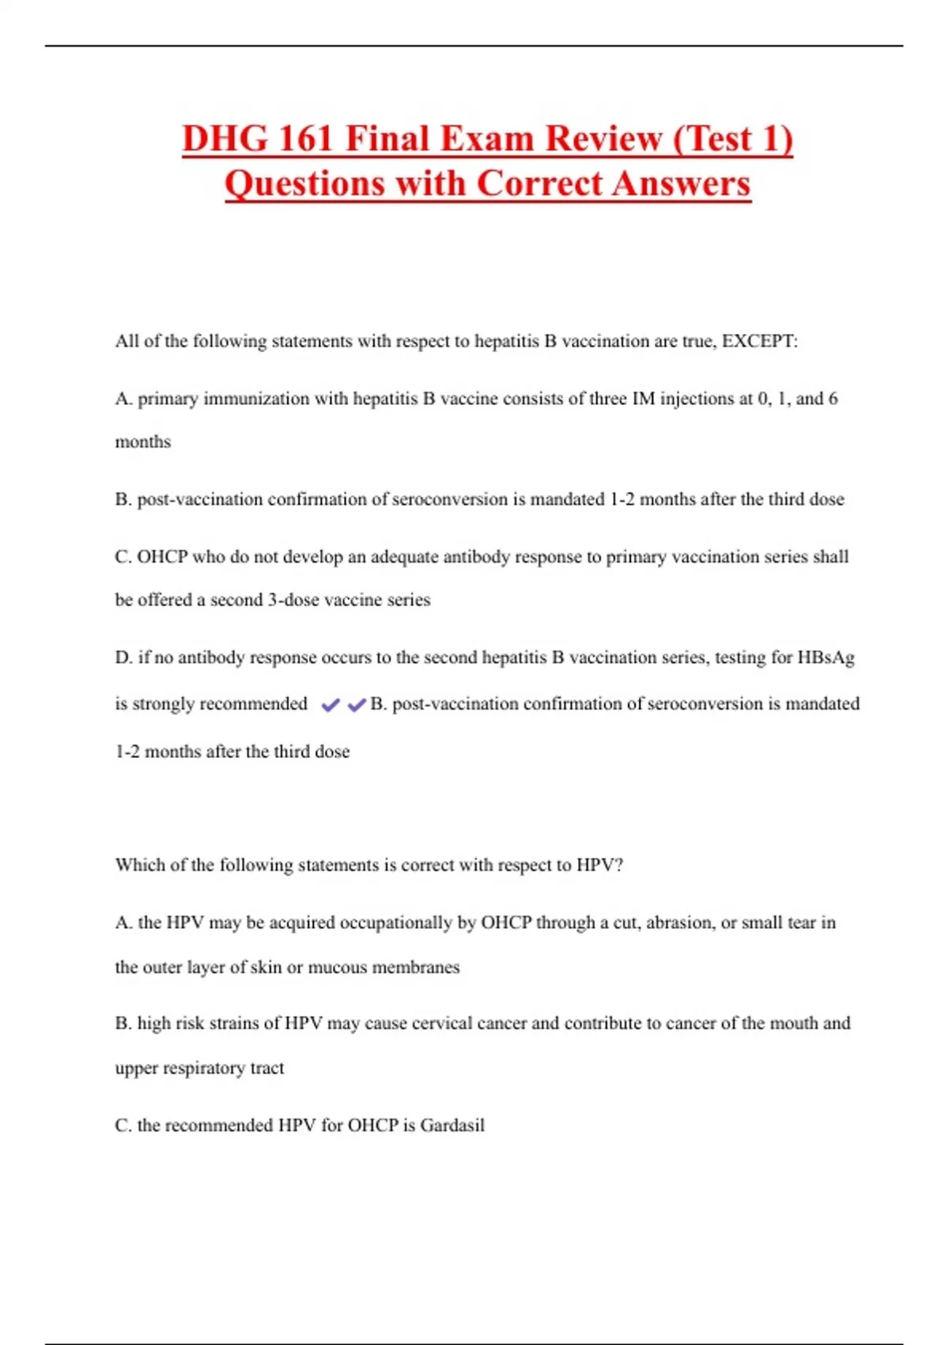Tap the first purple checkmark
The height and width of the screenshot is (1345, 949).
(x=331, y=705)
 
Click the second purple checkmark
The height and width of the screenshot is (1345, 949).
(x=357, y=705)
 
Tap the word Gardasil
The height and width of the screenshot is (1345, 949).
(x=452, y=1125)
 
